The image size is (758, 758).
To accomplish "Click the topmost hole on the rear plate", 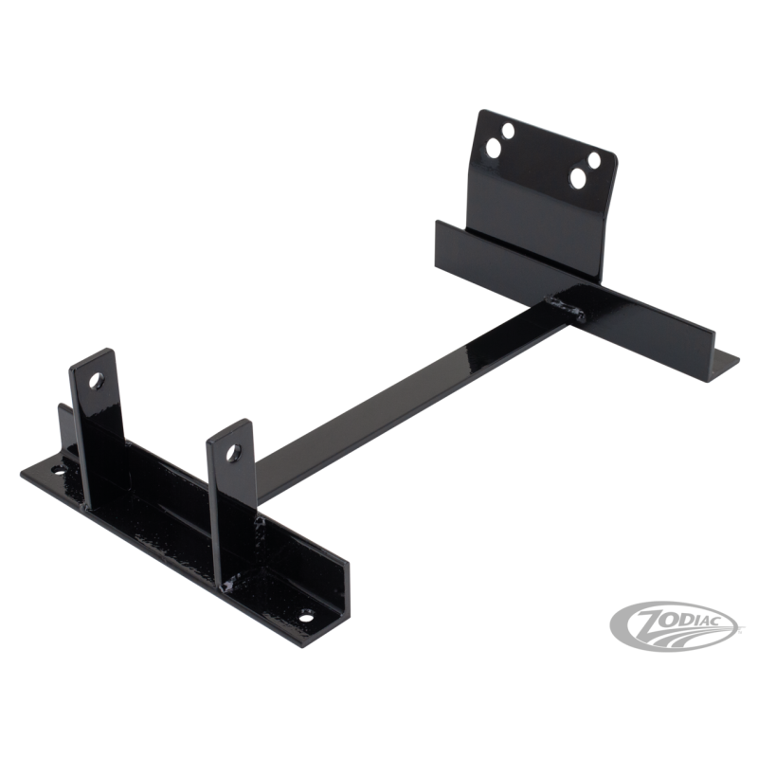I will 509,130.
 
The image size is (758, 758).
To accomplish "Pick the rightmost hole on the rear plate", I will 596,159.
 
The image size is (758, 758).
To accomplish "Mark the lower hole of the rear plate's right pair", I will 579,176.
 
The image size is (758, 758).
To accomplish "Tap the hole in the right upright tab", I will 228,455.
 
